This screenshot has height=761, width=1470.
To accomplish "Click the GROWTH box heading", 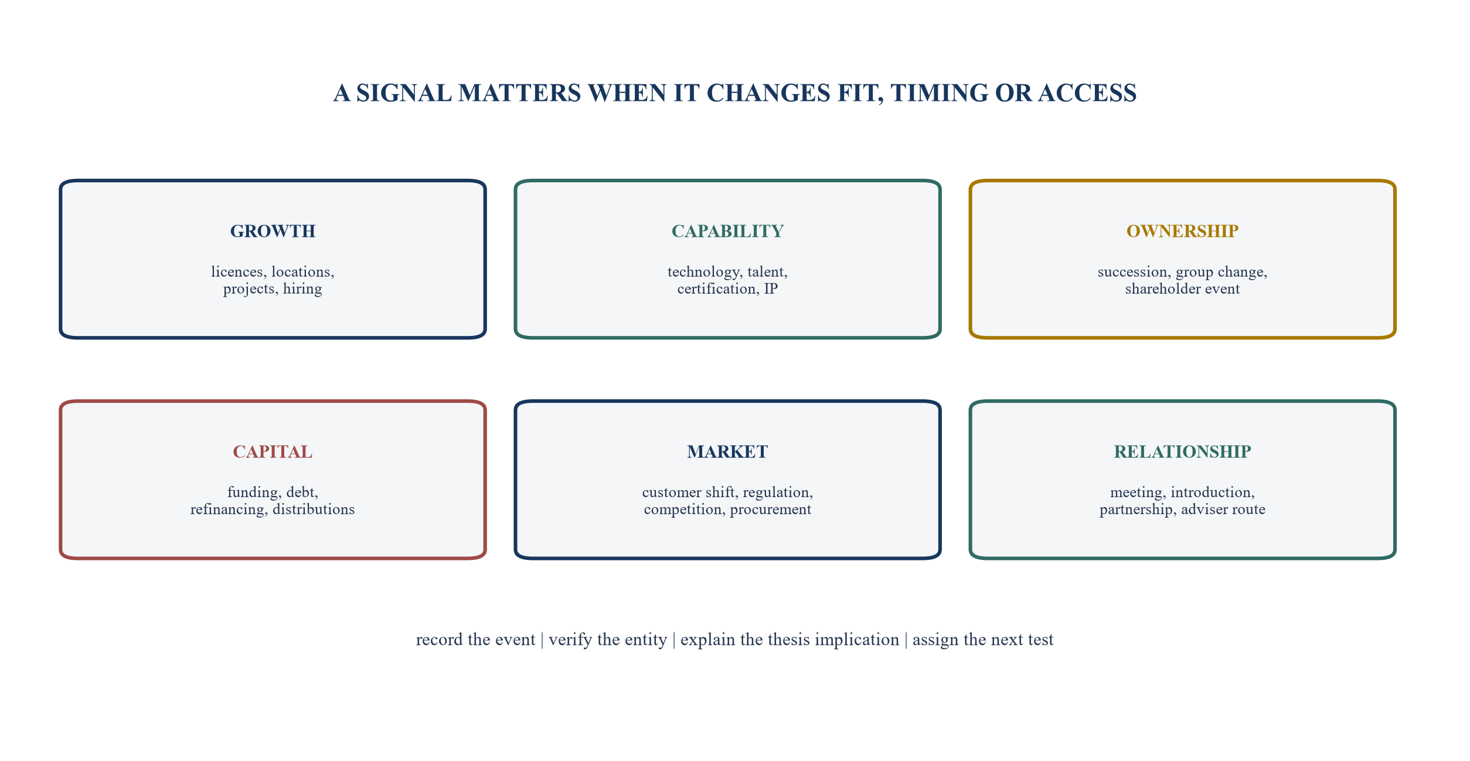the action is point(273,231).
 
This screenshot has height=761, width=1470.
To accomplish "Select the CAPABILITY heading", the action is point(727,231).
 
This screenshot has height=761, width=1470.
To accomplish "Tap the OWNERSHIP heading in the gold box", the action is point(1182,231).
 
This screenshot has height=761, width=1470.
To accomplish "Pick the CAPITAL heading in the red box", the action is point(273,451).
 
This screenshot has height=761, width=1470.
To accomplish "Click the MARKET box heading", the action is point(727,451).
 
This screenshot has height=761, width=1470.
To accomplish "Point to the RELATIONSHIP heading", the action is point(1182,451).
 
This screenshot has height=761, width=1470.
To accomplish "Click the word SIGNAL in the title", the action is point(404,93).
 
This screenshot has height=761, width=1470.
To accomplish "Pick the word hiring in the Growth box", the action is point(302,288).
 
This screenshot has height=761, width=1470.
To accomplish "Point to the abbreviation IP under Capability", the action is point(771,288).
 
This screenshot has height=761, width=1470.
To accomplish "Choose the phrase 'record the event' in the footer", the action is point(475,639).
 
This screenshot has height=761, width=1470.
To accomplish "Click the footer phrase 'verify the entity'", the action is point(608,640).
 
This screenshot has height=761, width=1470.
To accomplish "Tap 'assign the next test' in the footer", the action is point(983,640).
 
